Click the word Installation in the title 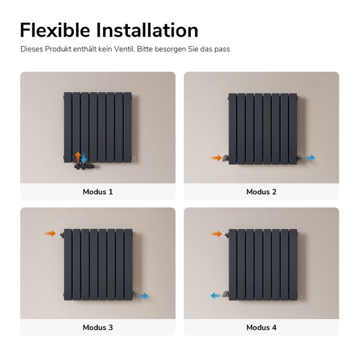(x=149, y=30)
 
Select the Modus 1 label (x=98, y=192)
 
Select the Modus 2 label (x=261, y=192)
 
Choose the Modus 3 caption (x=98, y=328)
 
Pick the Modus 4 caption (x=261, y=328)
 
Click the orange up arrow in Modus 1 (x=77, y=156)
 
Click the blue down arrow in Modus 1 (x=85, y=158)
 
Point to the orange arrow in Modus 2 (x=217, y=158)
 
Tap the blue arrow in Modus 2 (x=310, y=158)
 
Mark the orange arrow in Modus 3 (x=50, y=233)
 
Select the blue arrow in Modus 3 (x=143, y=296)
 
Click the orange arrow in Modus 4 (x=217, y=233)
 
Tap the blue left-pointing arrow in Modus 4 (x=214, y=295)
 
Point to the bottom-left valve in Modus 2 (x=226, y=159)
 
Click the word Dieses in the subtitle (x=32, y=49)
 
